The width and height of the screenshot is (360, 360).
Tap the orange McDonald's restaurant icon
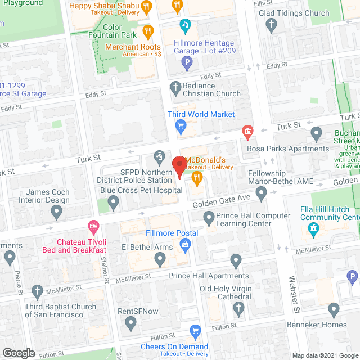(x=196, y=179)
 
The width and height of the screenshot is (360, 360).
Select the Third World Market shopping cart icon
(x=181, y=125)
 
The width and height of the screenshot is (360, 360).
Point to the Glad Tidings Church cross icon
(x=272, y=24)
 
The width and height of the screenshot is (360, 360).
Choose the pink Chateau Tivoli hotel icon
(x=93, y=227)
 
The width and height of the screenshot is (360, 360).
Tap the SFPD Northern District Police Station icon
(x=159, y=155)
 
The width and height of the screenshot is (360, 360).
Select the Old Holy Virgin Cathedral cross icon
(x=238, y=307)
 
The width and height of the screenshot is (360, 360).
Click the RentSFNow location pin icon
(x=131, y=323)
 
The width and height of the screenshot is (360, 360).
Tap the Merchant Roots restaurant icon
(x=148, y=30)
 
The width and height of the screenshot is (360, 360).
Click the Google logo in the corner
(x=19, y=353)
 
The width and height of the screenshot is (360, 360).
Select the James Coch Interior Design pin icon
(x=56, y=211)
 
